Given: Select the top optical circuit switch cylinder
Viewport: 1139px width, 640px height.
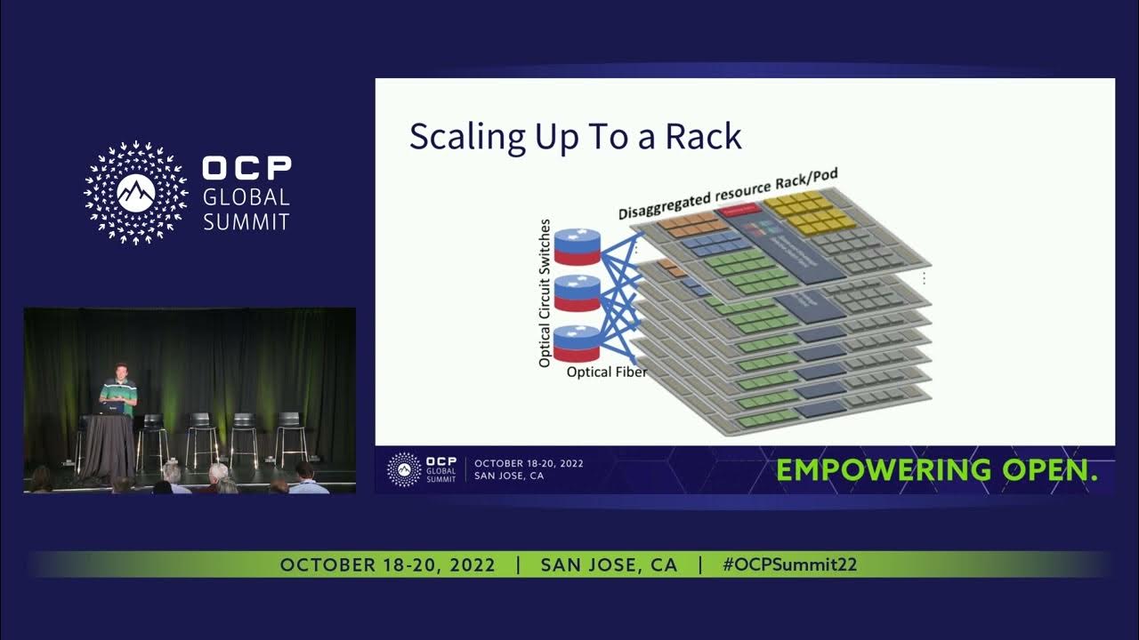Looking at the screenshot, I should coord(578,247).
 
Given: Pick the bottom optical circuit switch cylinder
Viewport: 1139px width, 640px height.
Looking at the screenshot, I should coord(578,343).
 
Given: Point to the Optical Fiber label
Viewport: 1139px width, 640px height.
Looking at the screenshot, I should coord(607,372).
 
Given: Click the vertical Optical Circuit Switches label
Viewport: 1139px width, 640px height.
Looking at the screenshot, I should coord(545,293).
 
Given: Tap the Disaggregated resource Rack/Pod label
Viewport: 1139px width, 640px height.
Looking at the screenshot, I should coord(728,194).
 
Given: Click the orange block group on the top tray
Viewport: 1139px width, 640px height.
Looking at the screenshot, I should coord(687,223).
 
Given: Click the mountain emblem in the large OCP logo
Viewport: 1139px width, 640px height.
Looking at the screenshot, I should coord(136,193).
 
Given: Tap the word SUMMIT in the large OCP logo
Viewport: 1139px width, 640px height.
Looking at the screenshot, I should coord(246,221).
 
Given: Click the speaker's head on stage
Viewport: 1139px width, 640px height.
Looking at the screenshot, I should coord(119,370).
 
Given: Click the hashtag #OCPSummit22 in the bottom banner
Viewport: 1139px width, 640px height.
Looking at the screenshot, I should coord(790,565).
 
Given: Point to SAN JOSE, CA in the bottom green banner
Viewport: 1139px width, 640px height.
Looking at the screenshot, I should coord(609,565).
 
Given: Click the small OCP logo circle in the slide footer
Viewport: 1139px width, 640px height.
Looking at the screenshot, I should coord(405,468).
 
